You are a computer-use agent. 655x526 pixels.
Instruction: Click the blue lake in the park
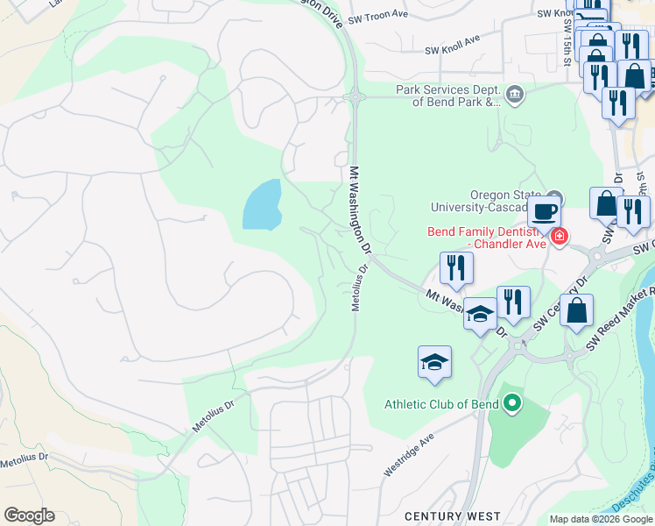point(262,205)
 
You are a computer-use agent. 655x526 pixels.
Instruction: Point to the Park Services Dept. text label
point(447,96)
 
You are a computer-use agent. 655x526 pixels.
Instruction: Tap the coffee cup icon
point(544,212)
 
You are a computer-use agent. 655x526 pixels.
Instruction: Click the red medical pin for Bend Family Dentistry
point(559,237)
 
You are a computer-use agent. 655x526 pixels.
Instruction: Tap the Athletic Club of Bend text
point(441,404)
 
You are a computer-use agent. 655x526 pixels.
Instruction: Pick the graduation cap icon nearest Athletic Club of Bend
point(434,363)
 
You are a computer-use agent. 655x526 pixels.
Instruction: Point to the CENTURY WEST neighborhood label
point(452,517)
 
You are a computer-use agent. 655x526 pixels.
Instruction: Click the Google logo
point(29,515)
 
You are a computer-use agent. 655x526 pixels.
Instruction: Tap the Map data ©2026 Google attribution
point(601,519)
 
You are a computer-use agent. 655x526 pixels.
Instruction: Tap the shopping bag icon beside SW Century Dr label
point(576,310)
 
